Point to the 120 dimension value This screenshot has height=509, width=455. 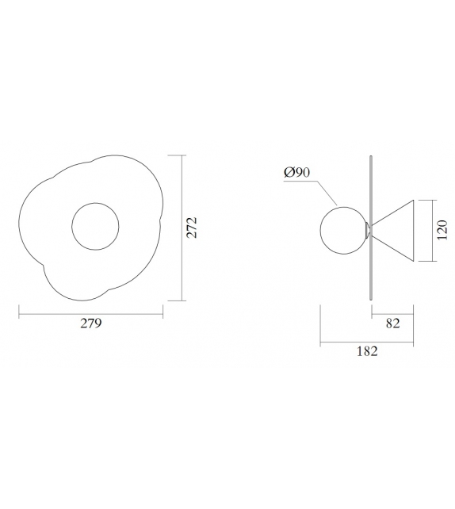(x=445, y=230)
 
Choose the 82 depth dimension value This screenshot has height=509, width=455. (x=392, y=323)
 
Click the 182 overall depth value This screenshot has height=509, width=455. (x=366, y=351)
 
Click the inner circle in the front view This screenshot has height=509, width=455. (x=96, y=228)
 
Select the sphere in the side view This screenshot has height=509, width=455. (x=341, y=229)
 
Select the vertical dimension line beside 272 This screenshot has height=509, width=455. (x=184, y=228)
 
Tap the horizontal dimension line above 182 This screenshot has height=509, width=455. (x=366, y=343)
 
